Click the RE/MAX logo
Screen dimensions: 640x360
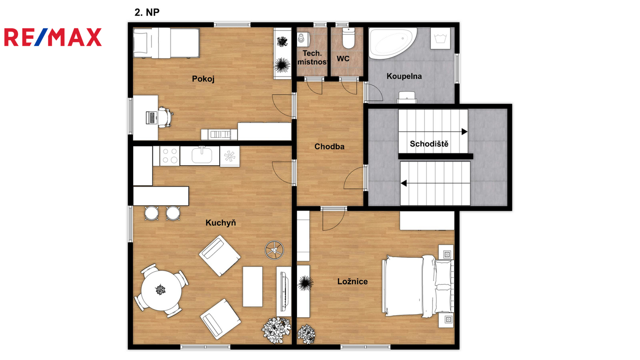point(53,37)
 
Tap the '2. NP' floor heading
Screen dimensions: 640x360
point(147,12)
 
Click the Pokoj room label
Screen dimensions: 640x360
point(203,79)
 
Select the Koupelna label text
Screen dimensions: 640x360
point(404,76)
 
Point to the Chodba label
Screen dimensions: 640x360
point(330,146)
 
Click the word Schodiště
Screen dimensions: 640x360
point(429,144)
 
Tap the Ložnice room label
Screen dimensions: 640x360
point(352,282)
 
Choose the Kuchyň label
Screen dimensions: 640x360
point(221,222)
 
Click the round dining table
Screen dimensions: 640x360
point(162,290)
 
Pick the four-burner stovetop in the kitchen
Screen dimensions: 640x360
point(170,156)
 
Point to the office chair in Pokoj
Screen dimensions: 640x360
point(166,117)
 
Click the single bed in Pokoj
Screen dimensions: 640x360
point(166,43)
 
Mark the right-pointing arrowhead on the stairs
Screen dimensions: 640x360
point(464,132)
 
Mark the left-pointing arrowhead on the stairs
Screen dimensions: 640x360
point(404,183)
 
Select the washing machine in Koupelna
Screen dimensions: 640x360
point(440,38)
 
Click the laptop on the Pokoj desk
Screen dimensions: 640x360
point(152,118)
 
